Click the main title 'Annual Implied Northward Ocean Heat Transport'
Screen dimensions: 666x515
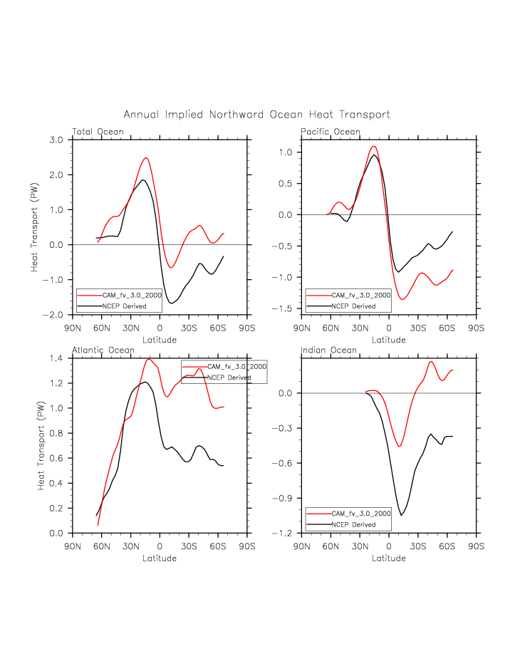point(256,115)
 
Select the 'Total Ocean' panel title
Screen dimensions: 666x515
point(98,132)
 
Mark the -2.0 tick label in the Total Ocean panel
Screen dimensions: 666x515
point(54,315)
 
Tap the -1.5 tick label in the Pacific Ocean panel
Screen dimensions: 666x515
point(284,308)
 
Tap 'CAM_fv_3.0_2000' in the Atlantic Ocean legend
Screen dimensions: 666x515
point(237,366)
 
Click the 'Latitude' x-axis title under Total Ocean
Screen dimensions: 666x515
point(160,340)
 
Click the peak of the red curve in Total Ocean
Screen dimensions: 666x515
point(145,158)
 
